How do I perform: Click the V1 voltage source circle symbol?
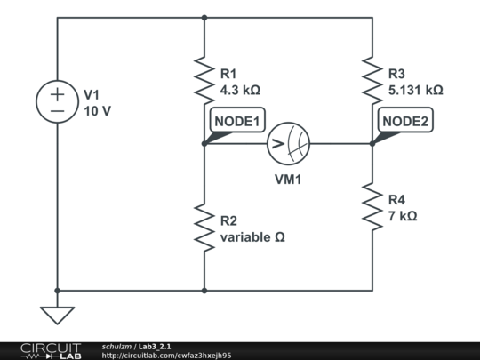pyautogui.click(x=57, y=102)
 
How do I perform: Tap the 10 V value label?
pyautogui.click(x=98, y=111)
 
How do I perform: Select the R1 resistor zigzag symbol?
pyautogui.click(x=204, y=80)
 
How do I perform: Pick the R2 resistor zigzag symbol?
pyautogui.click(x=204, y=228)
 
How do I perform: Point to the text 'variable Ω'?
pyautogui.click(x=252, y=237)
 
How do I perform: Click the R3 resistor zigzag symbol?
pyautogui.click(x=372, y=80)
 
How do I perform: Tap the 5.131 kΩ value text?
pyautogui.click(x=415, y=90)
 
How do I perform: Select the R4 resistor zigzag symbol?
pyautogui.click(x=372, y=205)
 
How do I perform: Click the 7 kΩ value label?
pyautogui.click(x=403, y=215)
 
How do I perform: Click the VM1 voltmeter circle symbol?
pyautogui.click(x=289, y=143)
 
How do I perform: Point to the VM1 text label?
pyautogui.click(x=289, y=178)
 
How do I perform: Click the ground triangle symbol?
pyautogui.click(x=57, y=315)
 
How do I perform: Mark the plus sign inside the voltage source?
pyautogui.click(x=57, y=94)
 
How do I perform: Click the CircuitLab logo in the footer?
pyautogui.click(x=50, y=350)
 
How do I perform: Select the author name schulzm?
pyautogui.click(x=116, y=346)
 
